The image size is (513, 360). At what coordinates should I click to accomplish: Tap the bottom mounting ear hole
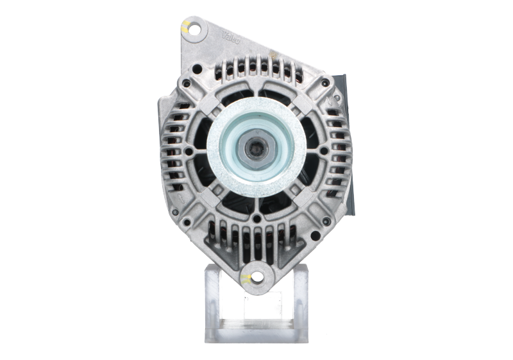tap(256, 278)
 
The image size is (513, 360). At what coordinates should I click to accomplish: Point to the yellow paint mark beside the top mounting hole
tap(184, 27)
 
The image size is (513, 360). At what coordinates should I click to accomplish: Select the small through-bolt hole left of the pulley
tap(187, 151)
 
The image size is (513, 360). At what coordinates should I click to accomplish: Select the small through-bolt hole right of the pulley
tap(324, 151)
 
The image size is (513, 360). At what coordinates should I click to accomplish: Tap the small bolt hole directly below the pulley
tap(256, 218)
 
